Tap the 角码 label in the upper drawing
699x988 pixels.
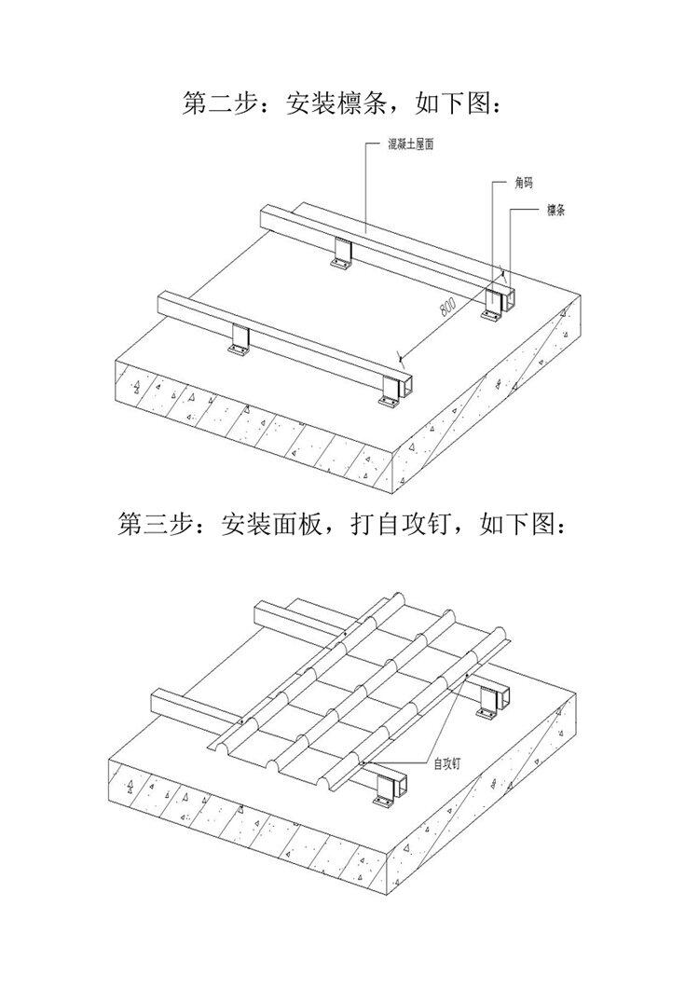click(x=525, y=184)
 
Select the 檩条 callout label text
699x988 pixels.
click(x=555, y=211)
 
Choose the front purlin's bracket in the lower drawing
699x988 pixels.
click(x=384, y=789)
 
